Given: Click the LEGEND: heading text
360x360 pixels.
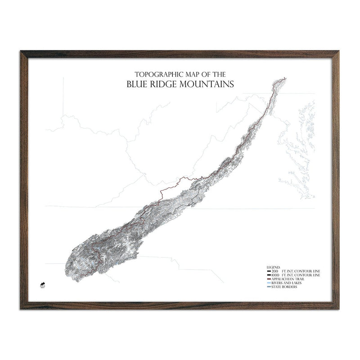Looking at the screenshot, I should point(273,267).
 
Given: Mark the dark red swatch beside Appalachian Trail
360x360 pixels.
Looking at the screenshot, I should point(268,279).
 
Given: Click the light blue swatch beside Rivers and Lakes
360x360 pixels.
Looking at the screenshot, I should point(268,283).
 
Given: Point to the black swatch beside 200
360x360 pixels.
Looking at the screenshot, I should point(268,271).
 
